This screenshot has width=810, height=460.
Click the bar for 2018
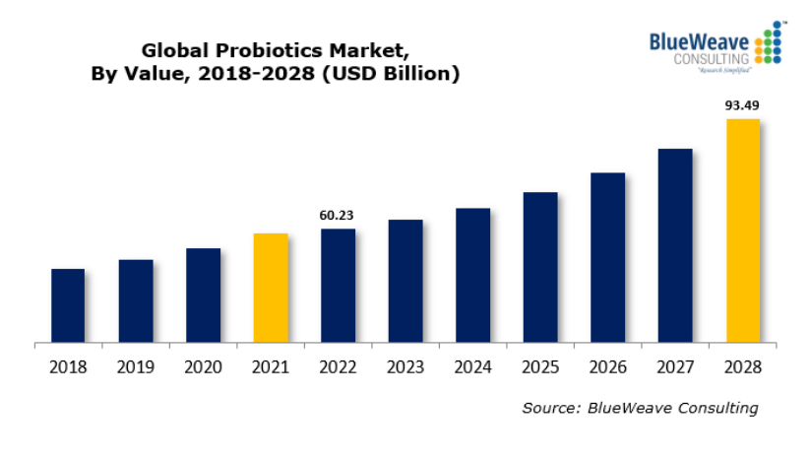pos(68,306)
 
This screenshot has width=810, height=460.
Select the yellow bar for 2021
pos(271,289)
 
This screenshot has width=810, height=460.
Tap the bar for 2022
pos(338,287)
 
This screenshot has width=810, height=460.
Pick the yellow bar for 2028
pos(743,231)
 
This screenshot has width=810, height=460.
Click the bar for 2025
pos(540,268)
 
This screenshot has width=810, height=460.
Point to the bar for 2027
pos(675,246)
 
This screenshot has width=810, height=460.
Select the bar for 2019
pos(136,301)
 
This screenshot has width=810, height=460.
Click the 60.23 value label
pos(338,215)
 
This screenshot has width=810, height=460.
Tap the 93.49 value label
pos(742,104)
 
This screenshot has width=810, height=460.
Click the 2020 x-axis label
pos(203,367)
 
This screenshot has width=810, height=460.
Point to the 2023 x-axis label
pos(405,367)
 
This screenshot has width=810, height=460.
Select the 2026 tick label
pos(607,367)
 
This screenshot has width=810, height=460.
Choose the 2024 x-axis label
pos(472,367)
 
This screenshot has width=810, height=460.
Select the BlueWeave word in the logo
pos(699,42)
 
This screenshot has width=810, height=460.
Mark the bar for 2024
pos(472,276)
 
